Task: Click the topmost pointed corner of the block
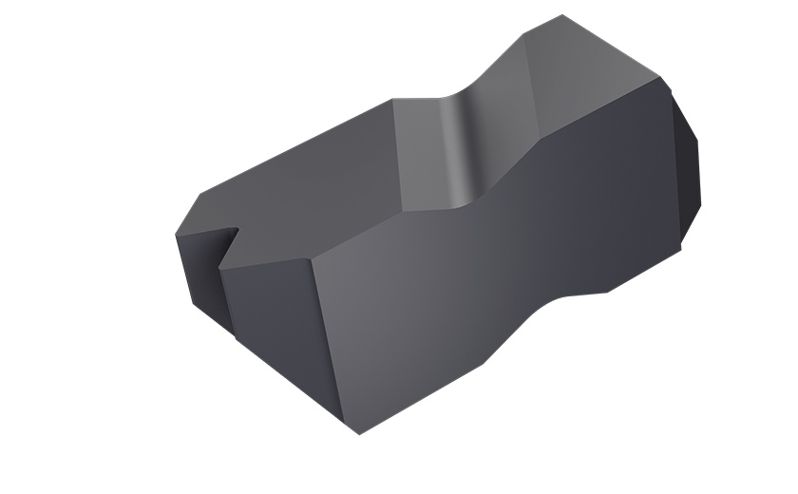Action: pyautogui.click(x=562, y=15)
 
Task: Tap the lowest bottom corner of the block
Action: pyautogui.click(x=359, y=434)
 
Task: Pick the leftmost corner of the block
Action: pyautogui.click(x=175, y=234)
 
